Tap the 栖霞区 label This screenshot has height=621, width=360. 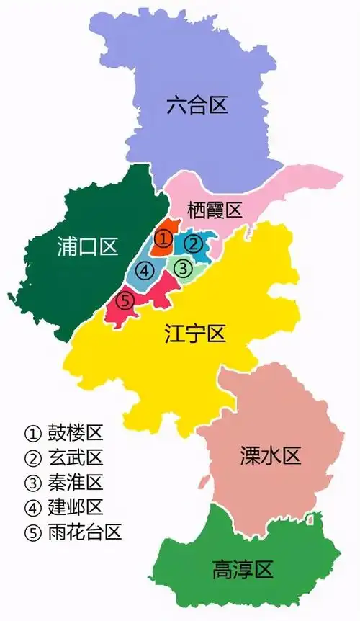(214, 210)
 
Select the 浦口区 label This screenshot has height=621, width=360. (87, 247)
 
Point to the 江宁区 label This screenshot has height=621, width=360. (195, 334)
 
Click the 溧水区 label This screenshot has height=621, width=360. (270, 455)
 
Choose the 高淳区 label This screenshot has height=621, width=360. (243, 571)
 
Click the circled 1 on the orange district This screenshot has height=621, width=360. (164, 238)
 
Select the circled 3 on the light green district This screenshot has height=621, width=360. (184, 269)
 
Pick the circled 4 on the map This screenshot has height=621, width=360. (145, 271)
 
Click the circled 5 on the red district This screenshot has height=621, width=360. (125, 300)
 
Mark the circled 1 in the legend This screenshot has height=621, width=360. (32, 434)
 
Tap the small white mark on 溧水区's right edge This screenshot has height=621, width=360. (310, 517)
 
